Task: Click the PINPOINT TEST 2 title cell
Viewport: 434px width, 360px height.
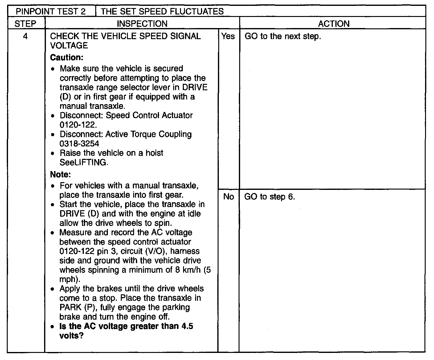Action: (51, 12)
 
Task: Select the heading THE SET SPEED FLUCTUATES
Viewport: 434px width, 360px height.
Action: (162, 12)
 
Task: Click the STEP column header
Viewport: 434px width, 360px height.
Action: (26, 24)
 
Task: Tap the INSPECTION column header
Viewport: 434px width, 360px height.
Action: (142, 24)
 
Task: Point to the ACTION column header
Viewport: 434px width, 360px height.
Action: (334, 24)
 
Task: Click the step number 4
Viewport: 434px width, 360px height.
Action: (25, 36)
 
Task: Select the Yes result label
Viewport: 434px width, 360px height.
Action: (228, 36)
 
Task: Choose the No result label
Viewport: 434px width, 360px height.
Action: (228, 197)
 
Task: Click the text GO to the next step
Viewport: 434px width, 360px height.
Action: (283, 36)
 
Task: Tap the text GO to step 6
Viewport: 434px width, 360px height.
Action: (269, 197)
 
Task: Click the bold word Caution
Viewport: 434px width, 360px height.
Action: (67, 58)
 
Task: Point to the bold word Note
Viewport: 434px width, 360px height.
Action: (60, 175)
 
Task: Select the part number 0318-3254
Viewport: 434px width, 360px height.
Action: (80, 144)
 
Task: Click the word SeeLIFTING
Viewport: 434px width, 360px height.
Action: (84, 162)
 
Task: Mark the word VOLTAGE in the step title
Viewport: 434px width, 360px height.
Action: (69, 46)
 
